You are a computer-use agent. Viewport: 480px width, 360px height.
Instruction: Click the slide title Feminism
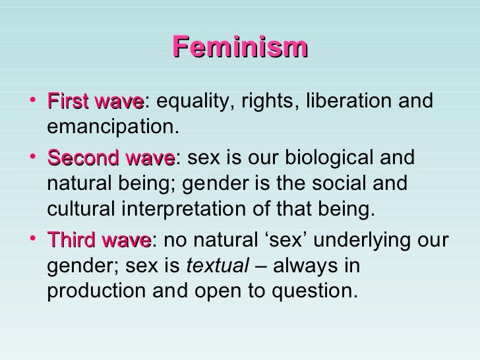240,47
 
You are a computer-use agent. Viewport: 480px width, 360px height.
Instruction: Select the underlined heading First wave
95,102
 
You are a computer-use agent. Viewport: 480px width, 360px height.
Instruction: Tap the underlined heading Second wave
111,159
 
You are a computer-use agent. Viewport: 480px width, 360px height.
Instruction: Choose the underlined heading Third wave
99,240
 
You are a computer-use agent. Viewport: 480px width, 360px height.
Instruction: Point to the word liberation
347,102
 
